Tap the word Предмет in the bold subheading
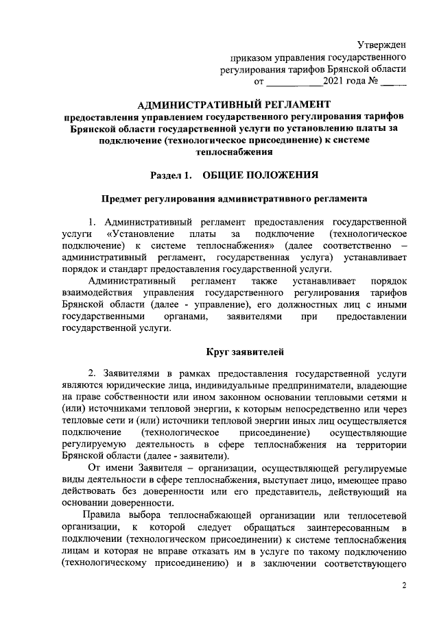click(123, 199)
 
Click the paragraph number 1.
click(93, 223)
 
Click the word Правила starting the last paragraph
click(103, 515)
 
